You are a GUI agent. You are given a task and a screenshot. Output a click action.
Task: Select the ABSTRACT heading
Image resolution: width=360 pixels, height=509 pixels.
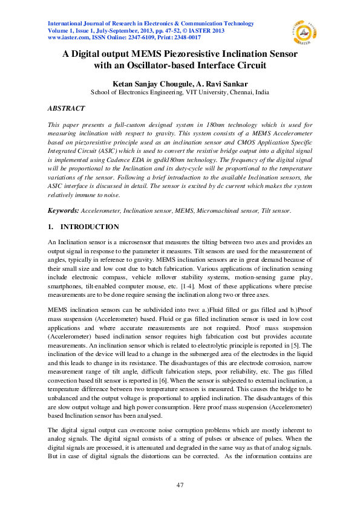pos(66,108)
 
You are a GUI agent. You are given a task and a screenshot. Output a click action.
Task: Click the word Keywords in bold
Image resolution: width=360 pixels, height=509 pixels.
pos(62,210)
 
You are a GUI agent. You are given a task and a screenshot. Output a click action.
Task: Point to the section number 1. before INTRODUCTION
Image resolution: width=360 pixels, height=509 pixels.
pos(51,227)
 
